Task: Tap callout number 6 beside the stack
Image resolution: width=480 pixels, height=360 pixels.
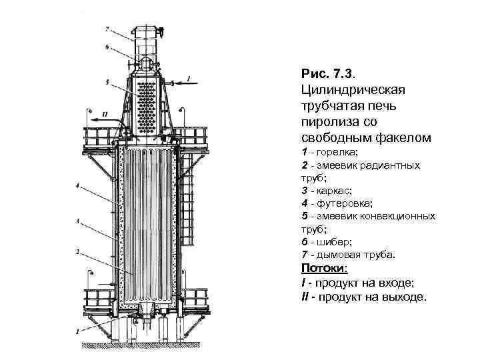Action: click(107, 47)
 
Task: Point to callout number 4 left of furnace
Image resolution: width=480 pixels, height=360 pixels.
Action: click(79, 186)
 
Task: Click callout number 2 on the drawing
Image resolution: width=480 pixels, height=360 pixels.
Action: click(78, 251)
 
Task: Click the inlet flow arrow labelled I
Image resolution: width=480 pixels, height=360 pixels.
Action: click(180, 83)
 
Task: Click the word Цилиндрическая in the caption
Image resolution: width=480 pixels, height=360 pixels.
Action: click(358, 88)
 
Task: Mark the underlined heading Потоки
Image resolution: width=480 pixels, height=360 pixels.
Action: click(324, 268)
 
